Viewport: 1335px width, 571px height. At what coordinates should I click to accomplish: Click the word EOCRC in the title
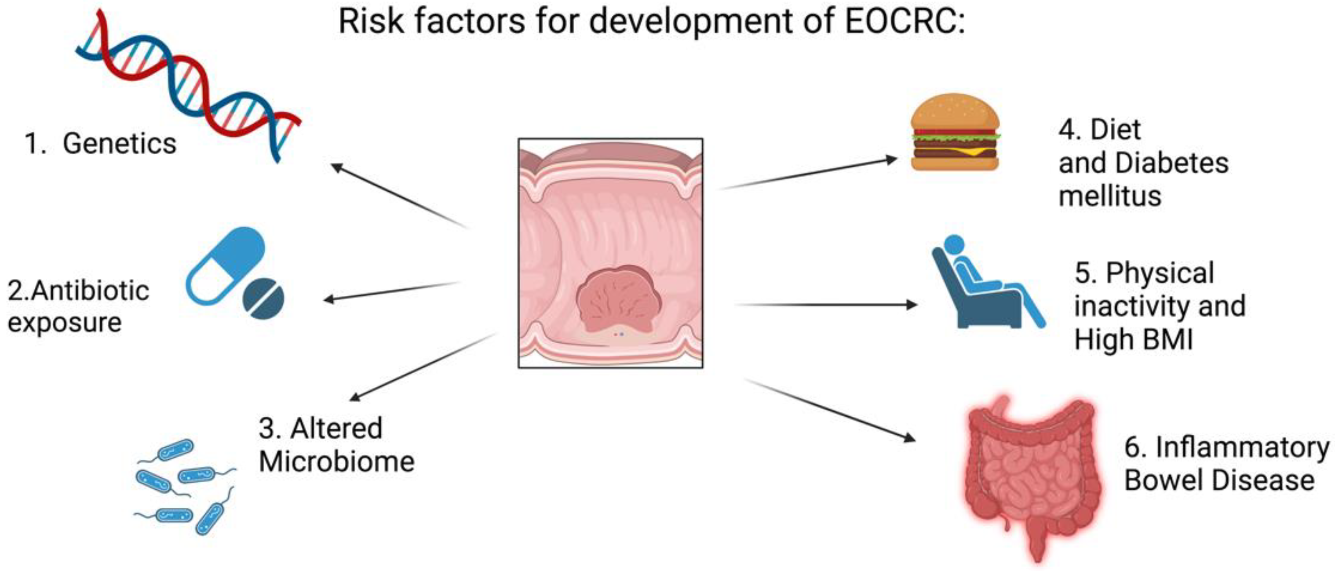(901, 22)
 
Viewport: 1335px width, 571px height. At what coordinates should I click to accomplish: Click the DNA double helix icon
(186, 83)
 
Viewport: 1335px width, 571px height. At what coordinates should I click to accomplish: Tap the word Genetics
(119, 144)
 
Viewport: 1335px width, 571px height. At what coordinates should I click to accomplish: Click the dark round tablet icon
(264, 299)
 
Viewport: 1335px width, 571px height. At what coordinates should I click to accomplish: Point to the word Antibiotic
(90, 291)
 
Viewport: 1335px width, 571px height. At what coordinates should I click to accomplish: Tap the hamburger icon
(955, 133)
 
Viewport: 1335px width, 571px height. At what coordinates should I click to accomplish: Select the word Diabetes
(1171, 163)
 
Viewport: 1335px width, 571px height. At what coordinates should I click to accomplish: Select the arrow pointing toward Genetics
(399, 196)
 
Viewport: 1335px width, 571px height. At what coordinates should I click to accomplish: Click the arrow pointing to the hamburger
(809, 173)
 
